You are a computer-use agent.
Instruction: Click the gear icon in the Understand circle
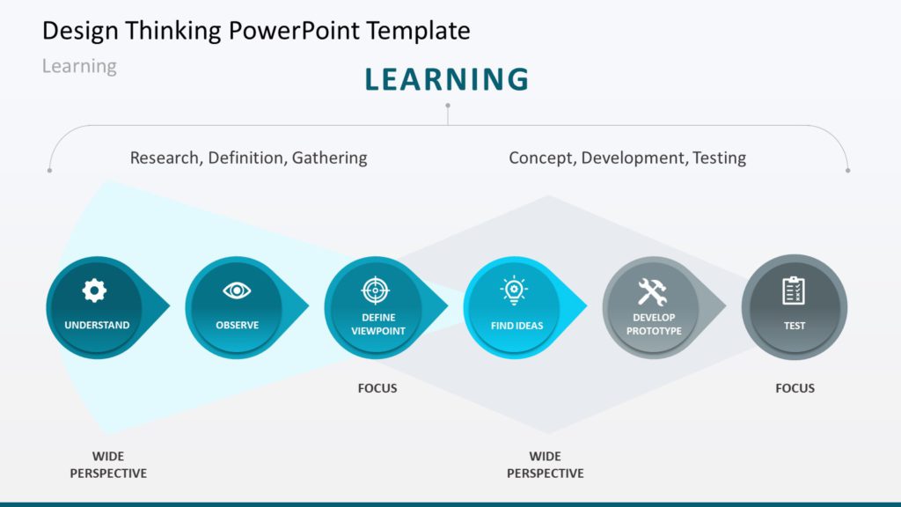(94, 290)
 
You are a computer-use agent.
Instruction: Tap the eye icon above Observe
(237, 290)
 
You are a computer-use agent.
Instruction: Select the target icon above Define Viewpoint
(375, 290)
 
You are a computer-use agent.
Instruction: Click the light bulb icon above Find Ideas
(514, 290)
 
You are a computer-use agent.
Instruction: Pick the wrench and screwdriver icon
(652, 291)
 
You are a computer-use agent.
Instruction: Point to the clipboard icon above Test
(794, 290)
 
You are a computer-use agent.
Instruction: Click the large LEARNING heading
(447, 79)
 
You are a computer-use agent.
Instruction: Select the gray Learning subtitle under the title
(79, 66)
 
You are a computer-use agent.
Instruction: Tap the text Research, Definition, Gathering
(248, 158)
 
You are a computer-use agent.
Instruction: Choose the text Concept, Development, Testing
(627, 158)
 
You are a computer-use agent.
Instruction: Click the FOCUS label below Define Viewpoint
(377, 388)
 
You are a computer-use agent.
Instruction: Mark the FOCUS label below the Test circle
(795, 388)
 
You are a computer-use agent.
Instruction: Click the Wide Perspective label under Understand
(108, 465)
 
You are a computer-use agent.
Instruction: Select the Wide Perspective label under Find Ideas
(545, 465)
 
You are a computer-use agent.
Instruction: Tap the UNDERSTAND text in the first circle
(97, 326)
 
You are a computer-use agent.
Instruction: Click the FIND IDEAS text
(517, 326)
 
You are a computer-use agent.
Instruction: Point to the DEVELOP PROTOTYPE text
(654, 324)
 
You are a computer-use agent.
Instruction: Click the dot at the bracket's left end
(49, 170)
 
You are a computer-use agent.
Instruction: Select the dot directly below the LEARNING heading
(448, 106)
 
